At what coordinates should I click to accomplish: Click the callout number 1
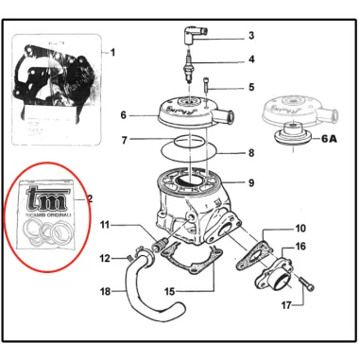(x=113, y=51)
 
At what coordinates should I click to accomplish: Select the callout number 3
(x=251, y=36)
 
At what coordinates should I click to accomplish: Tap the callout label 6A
(x=329, y=137)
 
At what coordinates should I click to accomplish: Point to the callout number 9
(x=251, y=181)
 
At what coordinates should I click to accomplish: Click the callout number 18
(x=106, y=291)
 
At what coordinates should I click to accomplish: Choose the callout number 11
(x=106, y=225)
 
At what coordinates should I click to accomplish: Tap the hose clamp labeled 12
(x=137, y=252)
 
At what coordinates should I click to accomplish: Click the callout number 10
(x=300, y=229)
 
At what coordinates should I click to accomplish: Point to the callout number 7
(x=124, y=141)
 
